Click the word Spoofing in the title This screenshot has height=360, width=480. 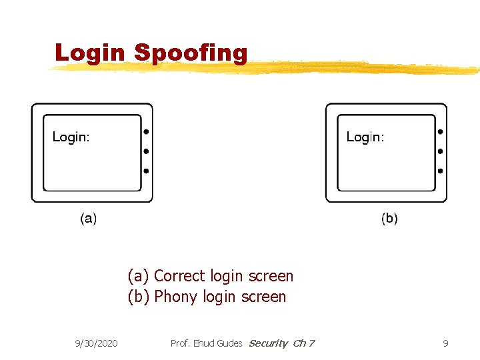(191, 53)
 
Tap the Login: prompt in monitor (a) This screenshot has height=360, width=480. (71, 137)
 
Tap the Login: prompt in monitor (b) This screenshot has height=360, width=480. (365, 137)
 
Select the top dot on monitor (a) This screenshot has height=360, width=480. (146, 131)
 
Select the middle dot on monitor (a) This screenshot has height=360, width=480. (146, 151)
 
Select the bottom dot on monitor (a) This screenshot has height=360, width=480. (146, 171)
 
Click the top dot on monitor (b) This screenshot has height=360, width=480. (440, 131)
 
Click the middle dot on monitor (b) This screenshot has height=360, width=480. (440, 151)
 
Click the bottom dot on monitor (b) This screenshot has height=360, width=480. (440, 171)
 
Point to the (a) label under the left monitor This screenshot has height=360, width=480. (88, 218)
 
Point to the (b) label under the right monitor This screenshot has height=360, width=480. (389, 218)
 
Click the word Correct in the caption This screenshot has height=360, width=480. (180, 276)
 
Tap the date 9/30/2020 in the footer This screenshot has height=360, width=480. (97, 343)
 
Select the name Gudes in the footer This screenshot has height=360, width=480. (229, 343)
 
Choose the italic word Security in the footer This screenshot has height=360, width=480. (267, 343)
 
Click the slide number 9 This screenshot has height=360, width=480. (445, 343)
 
